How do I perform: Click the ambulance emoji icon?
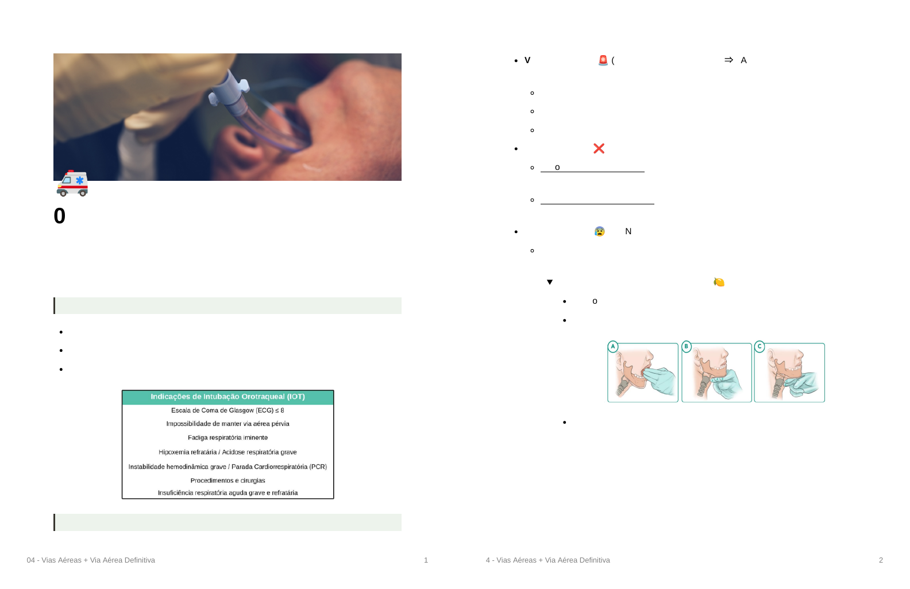(x=72, y=184)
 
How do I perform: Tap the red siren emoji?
(x=603, y=60)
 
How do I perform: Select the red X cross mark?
(x=599, y=149)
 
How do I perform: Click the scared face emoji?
(x=600, y=231)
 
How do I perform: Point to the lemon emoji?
(x=719, y=282)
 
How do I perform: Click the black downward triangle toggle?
(x=550, y=282)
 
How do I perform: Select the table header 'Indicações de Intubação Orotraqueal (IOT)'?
(x=228, y=397)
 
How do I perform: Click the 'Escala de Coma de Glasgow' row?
(x=228, y=410)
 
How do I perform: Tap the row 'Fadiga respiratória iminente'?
(x=228, y=437)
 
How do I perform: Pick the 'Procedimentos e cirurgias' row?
(x=228, y=480)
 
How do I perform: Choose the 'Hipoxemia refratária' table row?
(x=228, y=452)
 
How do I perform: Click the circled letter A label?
(x=613, y=347)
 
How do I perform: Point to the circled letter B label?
(x=687, y=347)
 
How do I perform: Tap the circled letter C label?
(x=759, y=347)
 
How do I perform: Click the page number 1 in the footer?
(x=426, y=560)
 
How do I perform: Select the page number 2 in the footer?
(x=881, y=560)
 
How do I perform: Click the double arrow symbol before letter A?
(x=729, y=60)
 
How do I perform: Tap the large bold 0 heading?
(x=60, y=216)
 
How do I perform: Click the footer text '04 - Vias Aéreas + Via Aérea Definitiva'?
(x=91, y=560)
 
